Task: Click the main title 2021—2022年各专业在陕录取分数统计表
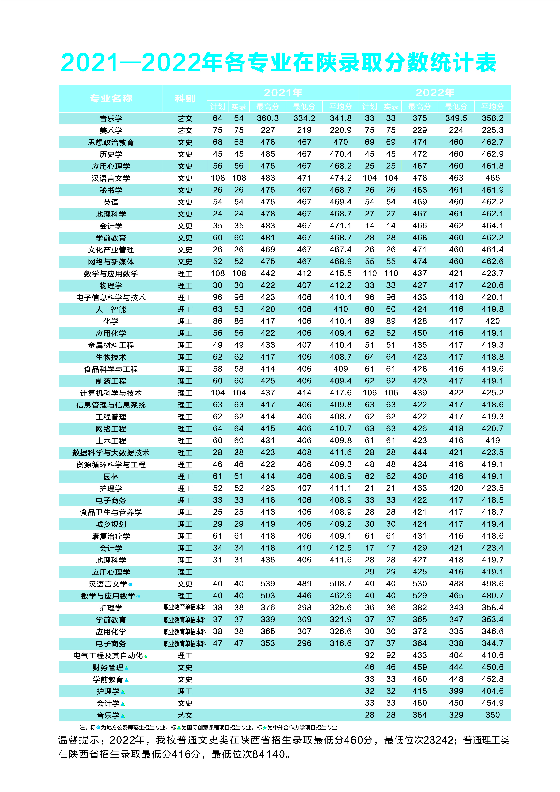pyautogui.click(x=279, y=63)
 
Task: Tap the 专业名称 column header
pyautogui.click(x=111, y=99)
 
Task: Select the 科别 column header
pyautogui.click(x=185, y=99)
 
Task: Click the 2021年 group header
pyautogui.click(x=283, y=92)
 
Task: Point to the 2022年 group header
pyautogui.click(x=435, y=92)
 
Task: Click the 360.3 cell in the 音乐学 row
pyautogui.click(x=268, y=118)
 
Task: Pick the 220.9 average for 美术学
pyautogui.click(x=341, y=130)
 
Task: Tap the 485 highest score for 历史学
pyautogui.click(x=268, y=154)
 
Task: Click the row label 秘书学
pyautogui.click(x=111, y=190)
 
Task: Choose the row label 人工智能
pyautogui.click(x=111, y=309)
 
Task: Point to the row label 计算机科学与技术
pyautogui.click(x=111, y=393)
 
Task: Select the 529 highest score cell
pyautogui.click(x=420, y=596)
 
